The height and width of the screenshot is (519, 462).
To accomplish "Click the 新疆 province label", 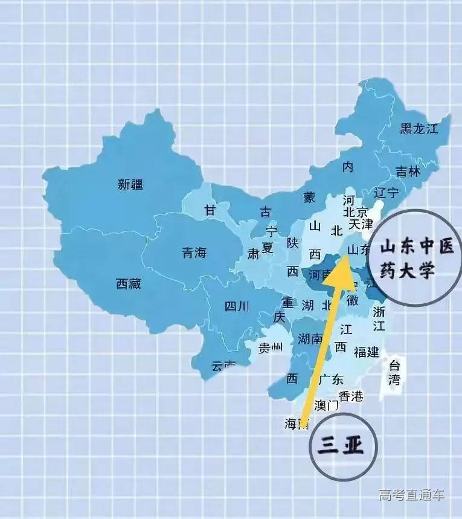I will point(130,185).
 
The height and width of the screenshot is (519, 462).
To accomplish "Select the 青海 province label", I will point(194,253).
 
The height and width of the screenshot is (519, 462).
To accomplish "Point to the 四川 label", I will point(236,306).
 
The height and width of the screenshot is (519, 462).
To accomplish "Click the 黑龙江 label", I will point(417,128).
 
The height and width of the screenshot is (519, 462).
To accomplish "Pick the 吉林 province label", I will point(408,171).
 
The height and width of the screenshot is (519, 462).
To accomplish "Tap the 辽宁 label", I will point(387,194).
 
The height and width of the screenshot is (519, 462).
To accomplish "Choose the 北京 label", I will point(355,212).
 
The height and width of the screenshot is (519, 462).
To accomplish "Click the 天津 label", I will point(361,224).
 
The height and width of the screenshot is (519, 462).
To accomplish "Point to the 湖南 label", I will point(310,339).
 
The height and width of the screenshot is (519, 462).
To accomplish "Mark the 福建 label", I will point(367,351).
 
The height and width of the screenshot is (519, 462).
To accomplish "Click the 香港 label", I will point(351,396).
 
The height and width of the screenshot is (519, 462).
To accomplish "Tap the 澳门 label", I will point(327,405).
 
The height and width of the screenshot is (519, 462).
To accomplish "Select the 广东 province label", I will point(330,379).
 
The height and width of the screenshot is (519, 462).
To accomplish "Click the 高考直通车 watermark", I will point(411,495).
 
